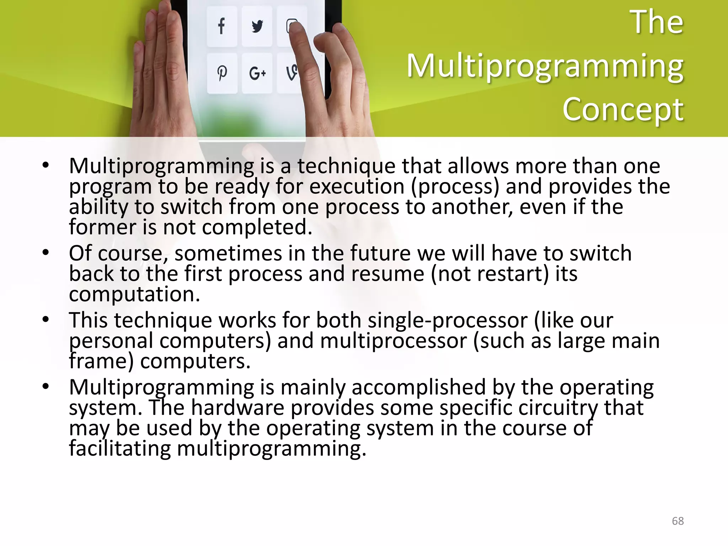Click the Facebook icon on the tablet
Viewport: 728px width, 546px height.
coord(221,26)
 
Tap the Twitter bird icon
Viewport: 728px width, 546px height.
coord(257,26)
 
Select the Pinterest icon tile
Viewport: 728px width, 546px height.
coord(222,73)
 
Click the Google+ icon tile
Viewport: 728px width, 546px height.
coord(257,73)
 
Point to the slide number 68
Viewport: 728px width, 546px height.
coord(678,521)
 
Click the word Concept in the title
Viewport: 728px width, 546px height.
coord(623,109)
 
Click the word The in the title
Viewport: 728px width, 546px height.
coord(657,22)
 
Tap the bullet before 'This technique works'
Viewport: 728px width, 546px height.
coord(45,320)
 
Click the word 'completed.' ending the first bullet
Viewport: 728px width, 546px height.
coord(257,227)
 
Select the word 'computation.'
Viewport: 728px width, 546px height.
coord(134,294)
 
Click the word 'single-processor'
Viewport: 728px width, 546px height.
coord(447,320)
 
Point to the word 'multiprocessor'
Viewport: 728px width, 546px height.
coord(393,341)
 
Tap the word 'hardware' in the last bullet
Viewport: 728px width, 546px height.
coord(237,407)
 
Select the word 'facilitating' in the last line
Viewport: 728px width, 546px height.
coord(120,448)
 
